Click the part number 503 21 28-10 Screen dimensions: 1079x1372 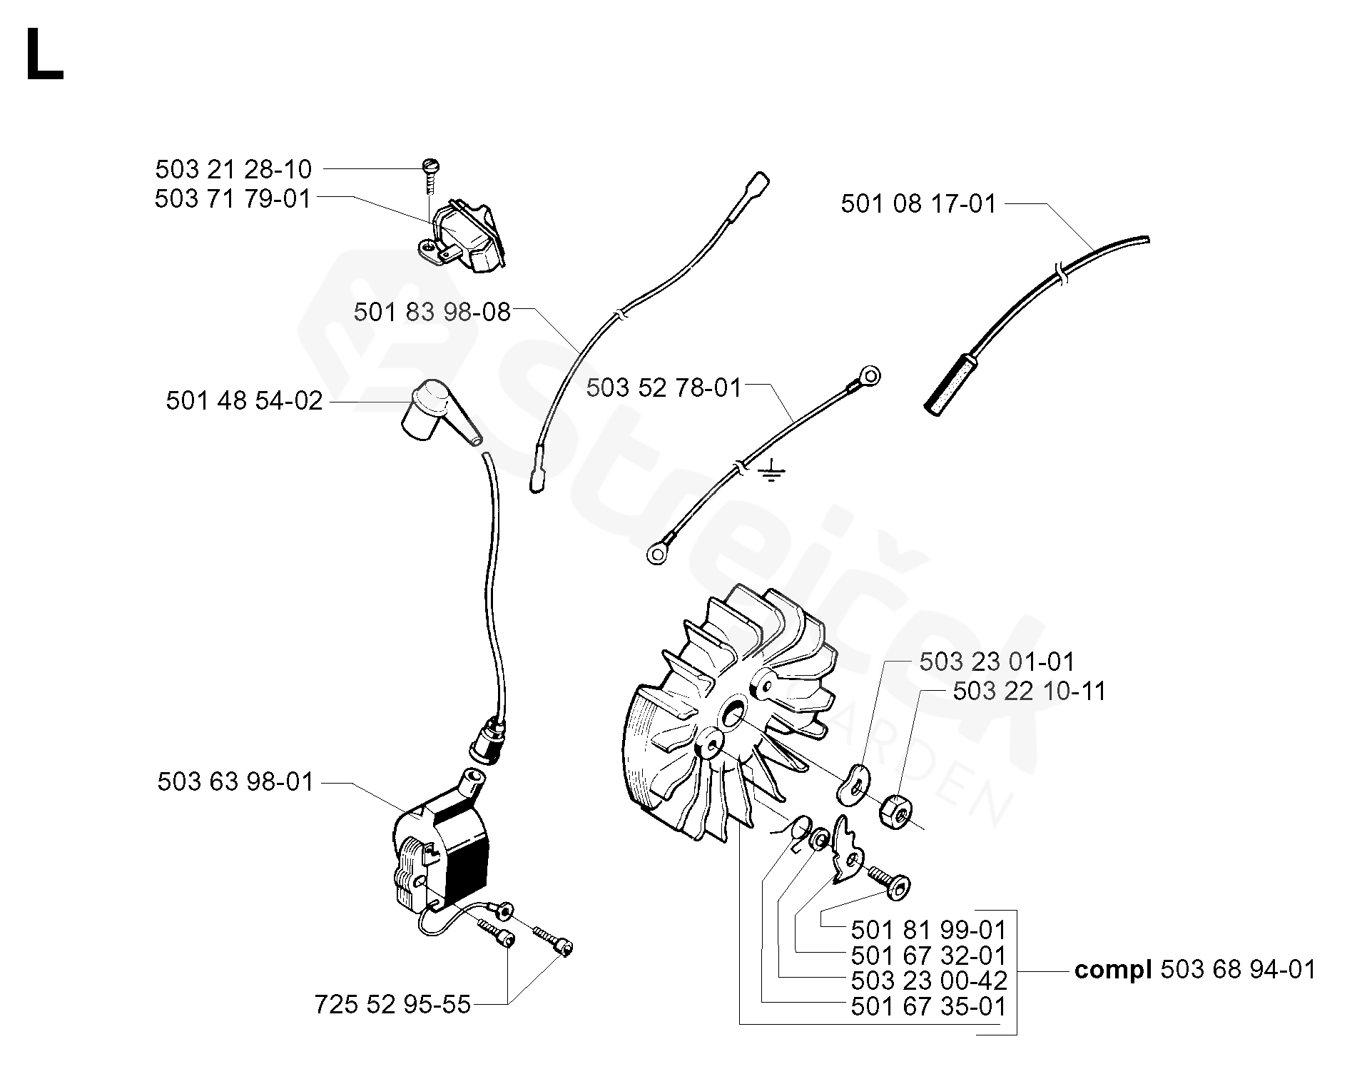(x=233, y=170)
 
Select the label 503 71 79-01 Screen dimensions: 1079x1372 (x=233, y=198)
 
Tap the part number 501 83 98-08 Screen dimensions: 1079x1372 (x=432, y=312)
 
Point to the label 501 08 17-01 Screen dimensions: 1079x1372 (x=918, y=204)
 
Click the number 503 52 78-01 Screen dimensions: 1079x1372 (x=664, y=387)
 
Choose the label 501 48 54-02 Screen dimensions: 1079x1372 (x=244, y=401)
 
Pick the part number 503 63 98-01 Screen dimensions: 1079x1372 (x=235, y=782)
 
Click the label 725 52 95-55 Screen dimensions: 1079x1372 (x=392, y=1005)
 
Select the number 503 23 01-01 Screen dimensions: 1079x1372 (x=996, y=662)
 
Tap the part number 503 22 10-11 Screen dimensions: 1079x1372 (x=1029, y=692)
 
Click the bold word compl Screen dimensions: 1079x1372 (x=1113, y=971)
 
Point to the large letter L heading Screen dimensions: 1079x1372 (x=44, y=56)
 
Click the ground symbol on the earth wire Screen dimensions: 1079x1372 (x=771, y=472)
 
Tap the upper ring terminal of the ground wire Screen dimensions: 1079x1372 (x=869, y=376)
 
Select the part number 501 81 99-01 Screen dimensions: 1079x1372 (x=928, y=931)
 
